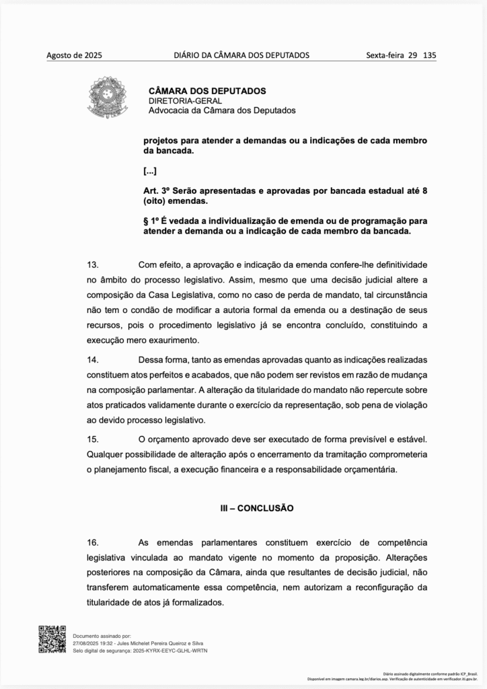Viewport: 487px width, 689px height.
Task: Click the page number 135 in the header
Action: (x=429, y=55)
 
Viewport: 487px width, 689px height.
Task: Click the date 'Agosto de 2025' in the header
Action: (x=74, y=55)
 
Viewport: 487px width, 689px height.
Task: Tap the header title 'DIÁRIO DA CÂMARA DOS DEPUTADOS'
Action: (x=241, y=55)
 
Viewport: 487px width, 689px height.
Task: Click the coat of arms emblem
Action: (x=105, y=99)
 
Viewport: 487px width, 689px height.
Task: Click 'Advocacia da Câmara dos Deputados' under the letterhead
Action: (x=221, y=110)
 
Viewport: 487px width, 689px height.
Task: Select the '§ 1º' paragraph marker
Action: (x=152, y=221)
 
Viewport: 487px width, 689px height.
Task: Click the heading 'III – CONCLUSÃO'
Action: (x=257, y=508)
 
